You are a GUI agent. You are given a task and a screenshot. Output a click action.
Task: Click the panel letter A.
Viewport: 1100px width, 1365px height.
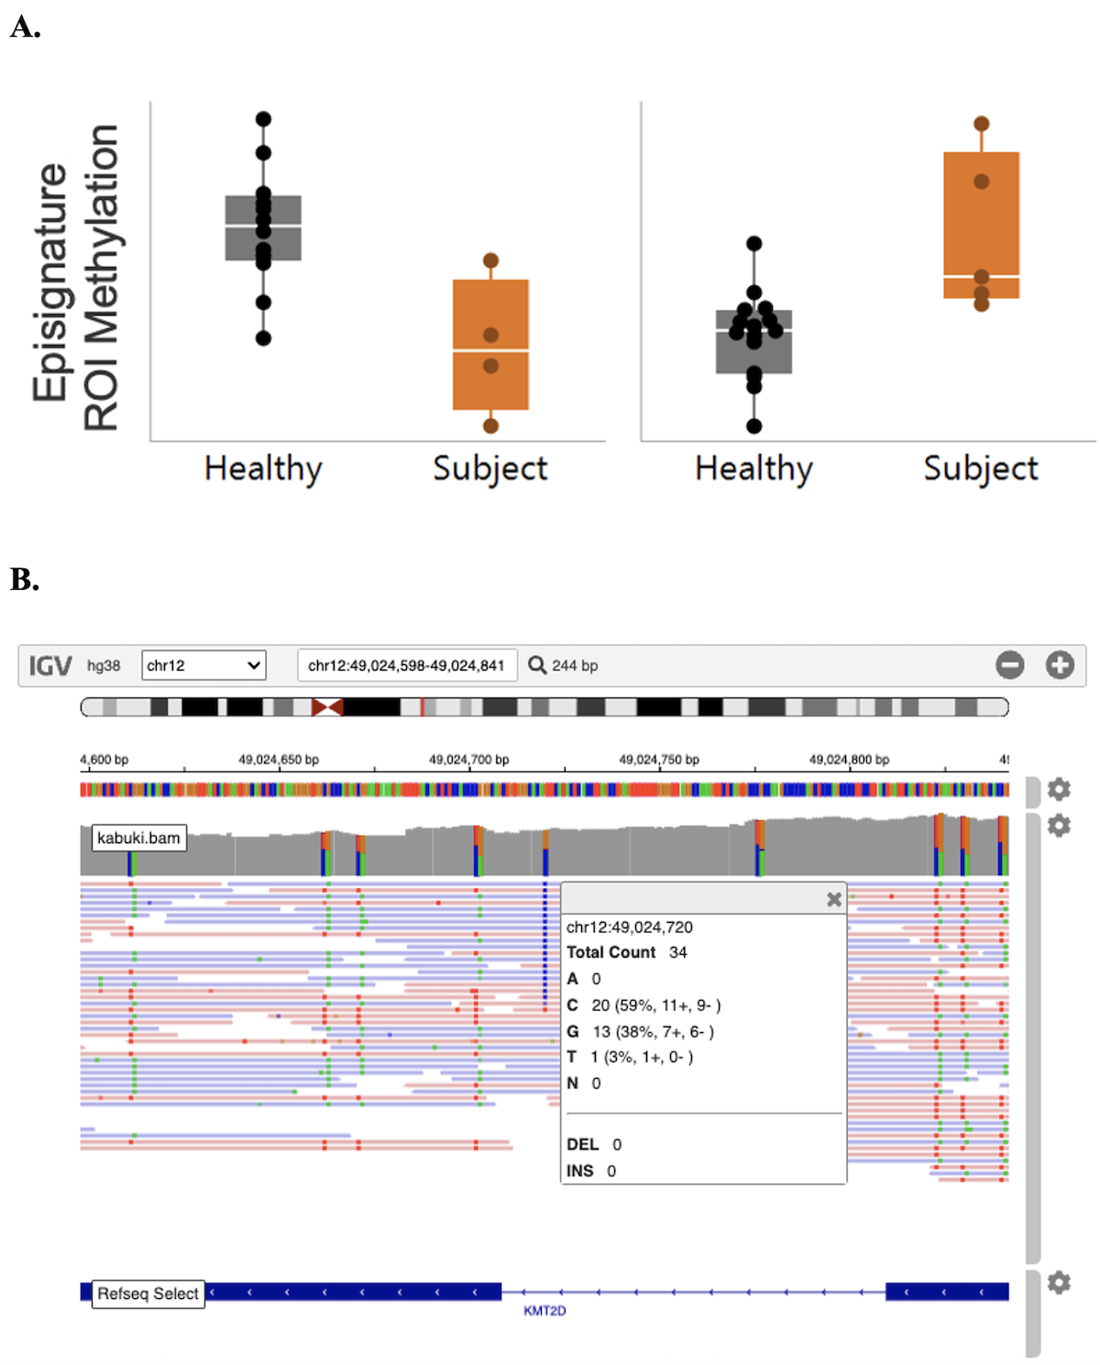pos(25,28)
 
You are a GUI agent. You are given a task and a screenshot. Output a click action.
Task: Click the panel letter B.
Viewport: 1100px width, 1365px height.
pos(25,580)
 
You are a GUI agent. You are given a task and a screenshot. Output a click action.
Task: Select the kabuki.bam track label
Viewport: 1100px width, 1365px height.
pos(138,838)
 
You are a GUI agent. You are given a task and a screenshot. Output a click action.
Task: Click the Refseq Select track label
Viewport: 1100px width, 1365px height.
pos(148,1293)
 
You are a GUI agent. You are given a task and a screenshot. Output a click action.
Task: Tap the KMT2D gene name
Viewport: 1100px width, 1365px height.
pos(544,1311)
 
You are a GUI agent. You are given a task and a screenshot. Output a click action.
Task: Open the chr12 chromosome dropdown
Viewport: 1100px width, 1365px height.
pos(203,665)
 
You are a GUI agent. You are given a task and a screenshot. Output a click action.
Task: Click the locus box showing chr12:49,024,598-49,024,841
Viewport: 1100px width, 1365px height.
pos(406,665)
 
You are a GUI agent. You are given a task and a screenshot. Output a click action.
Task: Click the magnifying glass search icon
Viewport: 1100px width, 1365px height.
pos(537,665)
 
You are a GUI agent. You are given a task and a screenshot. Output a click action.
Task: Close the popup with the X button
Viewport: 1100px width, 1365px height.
pos(833,899)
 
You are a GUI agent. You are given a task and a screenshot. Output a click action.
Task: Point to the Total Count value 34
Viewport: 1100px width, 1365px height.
pos(677,952)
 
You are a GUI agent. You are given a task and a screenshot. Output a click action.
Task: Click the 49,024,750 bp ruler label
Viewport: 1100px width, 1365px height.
pos(658,760)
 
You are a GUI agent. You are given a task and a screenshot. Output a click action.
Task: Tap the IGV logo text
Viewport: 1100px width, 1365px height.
pos(49,665)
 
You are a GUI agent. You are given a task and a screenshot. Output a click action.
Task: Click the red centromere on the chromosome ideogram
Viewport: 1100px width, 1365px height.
pos(327,706)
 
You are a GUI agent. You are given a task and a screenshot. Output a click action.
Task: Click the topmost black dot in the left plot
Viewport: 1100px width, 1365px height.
pos(263,118)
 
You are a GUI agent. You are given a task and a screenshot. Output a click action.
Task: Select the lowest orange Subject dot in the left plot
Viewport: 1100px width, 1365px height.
pos(490,426)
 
